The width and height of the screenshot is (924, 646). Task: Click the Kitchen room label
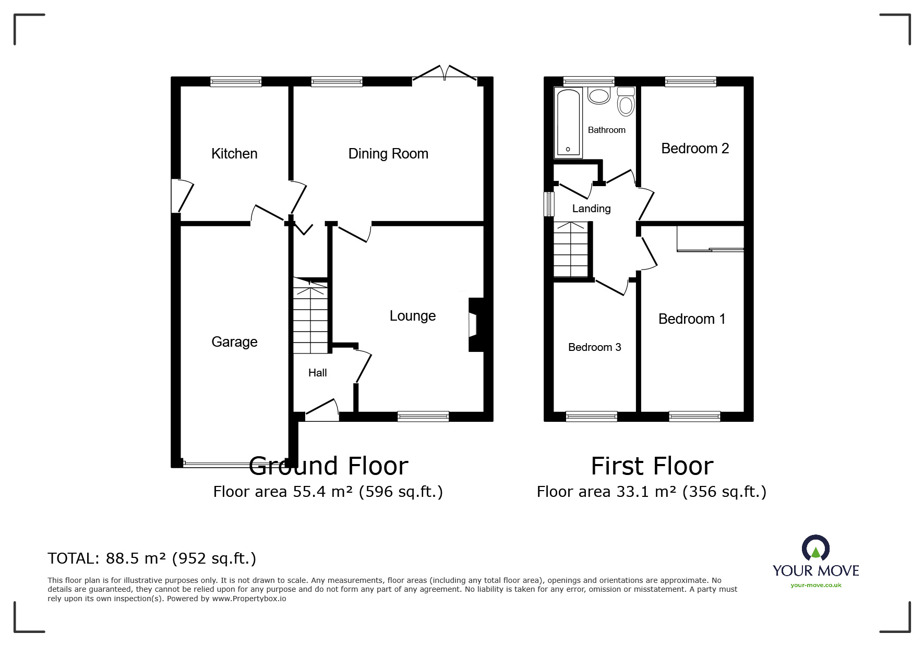pyautogui.click(x=234, y=154)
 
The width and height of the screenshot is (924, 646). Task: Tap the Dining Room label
pyautogui.click(x=388, y=154)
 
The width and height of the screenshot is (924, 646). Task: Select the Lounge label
pyautogui.click(x=413, y=316)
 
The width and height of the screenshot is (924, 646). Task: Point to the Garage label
pyautogui.click(x=234, y=342)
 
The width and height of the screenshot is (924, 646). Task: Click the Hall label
pyautogui.click(x=317, y=373)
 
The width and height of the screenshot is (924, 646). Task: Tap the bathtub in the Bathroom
pyautogui.click(x=568, y=123)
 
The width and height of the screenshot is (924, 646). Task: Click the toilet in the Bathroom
pyautogui.click(x=626, y=101)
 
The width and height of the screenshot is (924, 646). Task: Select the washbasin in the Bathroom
pyautogui.click(x=599, y=95)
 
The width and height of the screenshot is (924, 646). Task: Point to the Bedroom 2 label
pyautogui.click(x=695, y=149)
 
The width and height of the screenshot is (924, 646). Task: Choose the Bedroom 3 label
pyautogui.click(x=594, y=347)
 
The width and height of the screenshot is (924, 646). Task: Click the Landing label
pyautogui.click(x=591, y=209)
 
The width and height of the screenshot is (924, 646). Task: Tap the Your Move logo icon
pyautogui.click(x=815, y=549)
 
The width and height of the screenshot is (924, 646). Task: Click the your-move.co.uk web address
pyautogui.click(x=816, y=585)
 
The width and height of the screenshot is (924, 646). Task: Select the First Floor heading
pyautogui.click(x=652, y=466)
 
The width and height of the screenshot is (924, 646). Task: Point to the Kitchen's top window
pyautogui.click(x=236, y=81)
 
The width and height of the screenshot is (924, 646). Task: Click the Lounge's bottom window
pyautogui.click(x=423, y=416)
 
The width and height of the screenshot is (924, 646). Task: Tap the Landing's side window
pyautogui.click(x=549, y=204)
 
